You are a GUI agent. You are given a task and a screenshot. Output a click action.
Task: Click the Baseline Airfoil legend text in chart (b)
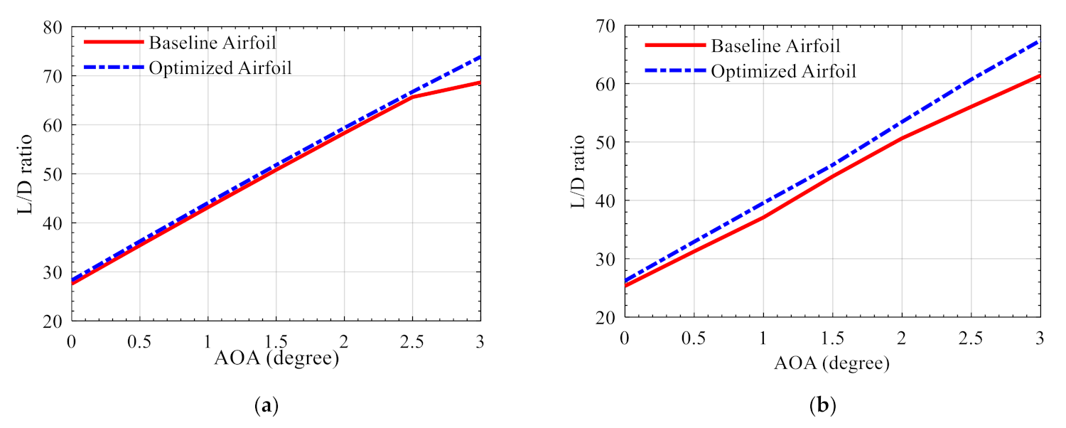775,46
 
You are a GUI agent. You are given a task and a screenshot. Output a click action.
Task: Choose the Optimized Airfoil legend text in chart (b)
783,71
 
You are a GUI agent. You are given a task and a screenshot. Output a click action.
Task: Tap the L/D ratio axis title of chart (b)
578,171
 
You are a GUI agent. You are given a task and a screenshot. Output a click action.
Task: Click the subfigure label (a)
266,406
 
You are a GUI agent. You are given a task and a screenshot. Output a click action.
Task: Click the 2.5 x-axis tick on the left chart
412,341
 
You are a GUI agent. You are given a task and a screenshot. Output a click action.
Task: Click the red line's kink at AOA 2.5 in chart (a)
413,97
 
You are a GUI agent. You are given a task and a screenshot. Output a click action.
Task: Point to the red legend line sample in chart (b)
674,45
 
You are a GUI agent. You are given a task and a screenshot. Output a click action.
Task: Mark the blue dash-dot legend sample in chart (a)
114,68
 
